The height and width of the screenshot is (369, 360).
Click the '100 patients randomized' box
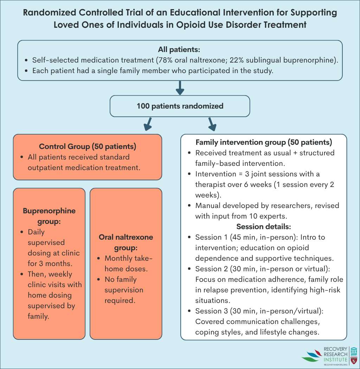(180, 106)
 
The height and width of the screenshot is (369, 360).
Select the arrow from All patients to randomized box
(180, 88)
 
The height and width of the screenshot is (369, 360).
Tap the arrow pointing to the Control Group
(148, 124)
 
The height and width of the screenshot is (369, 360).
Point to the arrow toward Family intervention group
(212, 124)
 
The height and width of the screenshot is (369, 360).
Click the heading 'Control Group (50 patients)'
(88, 147)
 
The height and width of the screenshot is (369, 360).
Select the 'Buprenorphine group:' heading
(49, 216)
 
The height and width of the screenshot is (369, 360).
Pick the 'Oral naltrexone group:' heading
(126, 242)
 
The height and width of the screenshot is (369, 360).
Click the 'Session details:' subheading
(264, 226)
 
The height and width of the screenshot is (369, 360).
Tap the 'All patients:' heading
(179, 50)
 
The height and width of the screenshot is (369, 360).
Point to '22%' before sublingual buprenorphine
(237, 60)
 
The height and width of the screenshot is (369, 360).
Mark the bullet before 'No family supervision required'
(99, 280)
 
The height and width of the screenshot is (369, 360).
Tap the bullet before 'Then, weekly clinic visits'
(22, 274)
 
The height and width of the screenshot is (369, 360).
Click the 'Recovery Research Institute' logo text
(335, 354)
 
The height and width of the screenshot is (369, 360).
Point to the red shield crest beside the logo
(354, 360)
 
